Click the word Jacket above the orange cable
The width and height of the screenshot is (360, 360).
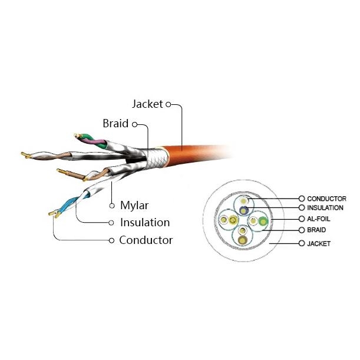click(147, 104)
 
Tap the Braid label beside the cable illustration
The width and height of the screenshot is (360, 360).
click(115, 123)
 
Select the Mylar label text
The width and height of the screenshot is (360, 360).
click(134, 205)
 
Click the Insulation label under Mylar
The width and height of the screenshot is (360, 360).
click(145, 223)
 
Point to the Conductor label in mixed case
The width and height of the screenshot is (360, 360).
click(146, 240)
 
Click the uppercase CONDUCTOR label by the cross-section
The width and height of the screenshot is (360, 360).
click(326, 199)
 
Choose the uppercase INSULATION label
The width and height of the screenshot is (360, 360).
click(325, 208)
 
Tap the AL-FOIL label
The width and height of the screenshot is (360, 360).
click(318, 219)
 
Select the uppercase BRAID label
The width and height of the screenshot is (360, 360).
click(316, 230)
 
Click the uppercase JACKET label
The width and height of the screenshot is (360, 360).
click(319, 243)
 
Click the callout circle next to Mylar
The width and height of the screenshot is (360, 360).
click(112, 206)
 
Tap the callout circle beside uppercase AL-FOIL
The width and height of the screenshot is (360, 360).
click(302, 219)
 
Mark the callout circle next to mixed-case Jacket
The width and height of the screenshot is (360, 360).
click(169, 104)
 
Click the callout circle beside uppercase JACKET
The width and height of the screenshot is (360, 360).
click(302, 243)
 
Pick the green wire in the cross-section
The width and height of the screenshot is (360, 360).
click(263, 222)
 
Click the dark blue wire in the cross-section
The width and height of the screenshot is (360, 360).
click(243, 210)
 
